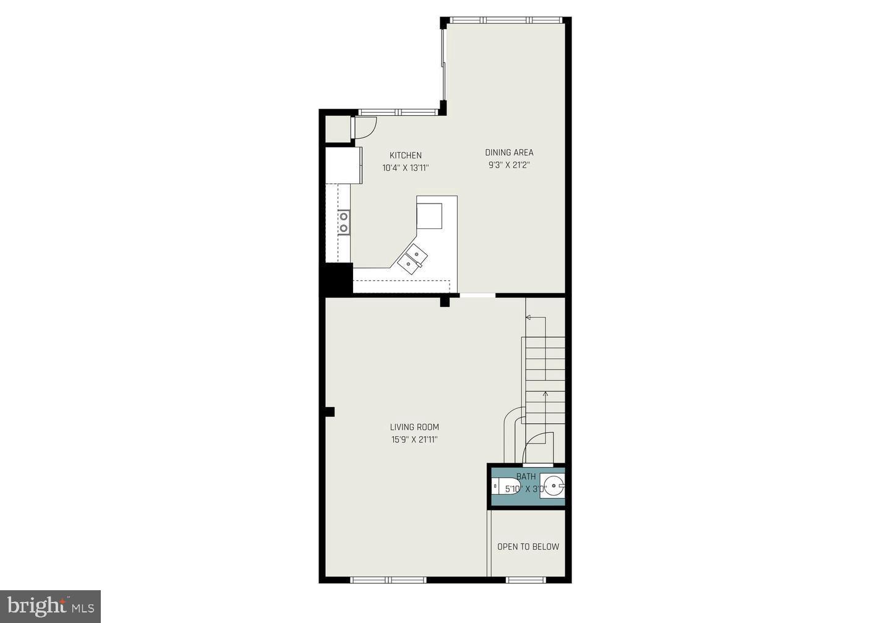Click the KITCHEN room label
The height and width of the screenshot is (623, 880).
(405, 155)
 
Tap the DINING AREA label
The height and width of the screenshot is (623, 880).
(509, 152)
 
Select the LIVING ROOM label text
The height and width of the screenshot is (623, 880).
(414, 427)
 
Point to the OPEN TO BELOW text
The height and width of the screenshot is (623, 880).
(528, 547)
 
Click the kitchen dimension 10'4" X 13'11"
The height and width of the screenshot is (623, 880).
(405, 168)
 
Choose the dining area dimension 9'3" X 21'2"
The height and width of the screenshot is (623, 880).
(509, 165)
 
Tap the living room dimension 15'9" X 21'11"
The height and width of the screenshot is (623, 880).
(414, 440)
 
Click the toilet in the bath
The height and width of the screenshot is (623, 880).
(504, 487)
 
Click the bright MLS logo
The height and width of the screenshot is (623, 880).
(50, 606)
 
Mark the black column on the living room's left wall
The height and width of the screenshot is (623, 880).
(330, 411)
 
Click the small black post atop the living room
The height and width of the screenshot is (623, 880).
(444, 302)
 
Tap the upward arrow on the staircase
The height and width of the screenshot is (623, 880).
(545, 393)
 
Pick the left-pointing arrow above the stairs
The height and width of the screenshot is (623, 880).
(529, 317)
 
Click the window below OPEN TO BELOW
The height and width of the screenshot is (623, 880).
(526, 580)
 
